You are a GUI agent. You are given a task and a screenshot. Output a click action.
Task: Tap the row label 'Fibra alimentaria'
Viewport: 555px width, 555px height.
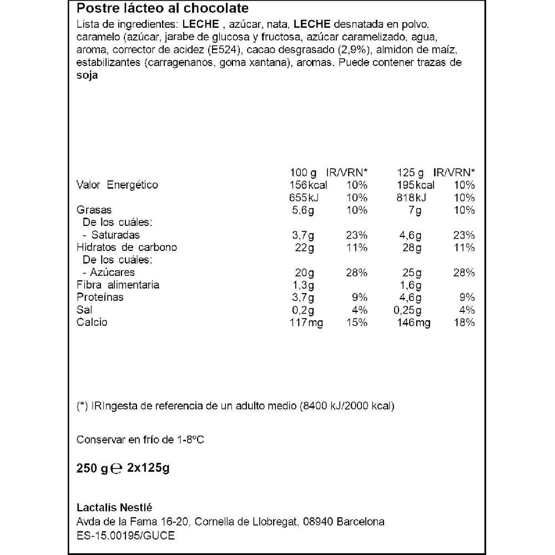tap(118, 285)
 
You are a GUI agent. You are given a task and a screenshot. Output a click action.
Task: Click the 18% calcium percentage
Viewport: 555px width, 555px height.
tap(463, 322)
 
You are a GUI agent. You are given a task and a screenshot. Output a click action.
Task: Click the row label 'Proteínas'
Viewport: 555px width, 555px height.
tap(100, 297)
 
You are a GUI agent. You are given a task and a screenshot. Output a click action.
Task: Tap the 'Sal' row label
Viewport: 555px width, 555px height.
tap(84, 310)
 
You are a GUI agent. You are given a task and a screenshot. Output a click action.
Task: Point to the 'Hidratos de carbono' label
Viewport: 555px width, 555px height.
tap(127, 248)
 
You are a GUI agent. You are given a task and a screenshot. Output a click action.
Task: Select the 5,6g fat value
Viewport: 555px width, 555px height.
tap(302, 210)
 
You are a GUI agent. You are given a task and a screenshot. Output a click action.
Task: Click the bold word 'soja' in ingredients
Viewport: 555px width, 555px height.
tap(87, 77)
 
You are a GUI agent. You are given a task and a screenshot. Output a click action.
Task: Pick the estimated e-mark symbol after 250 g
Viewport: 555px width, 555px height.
tap(117, 468)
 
